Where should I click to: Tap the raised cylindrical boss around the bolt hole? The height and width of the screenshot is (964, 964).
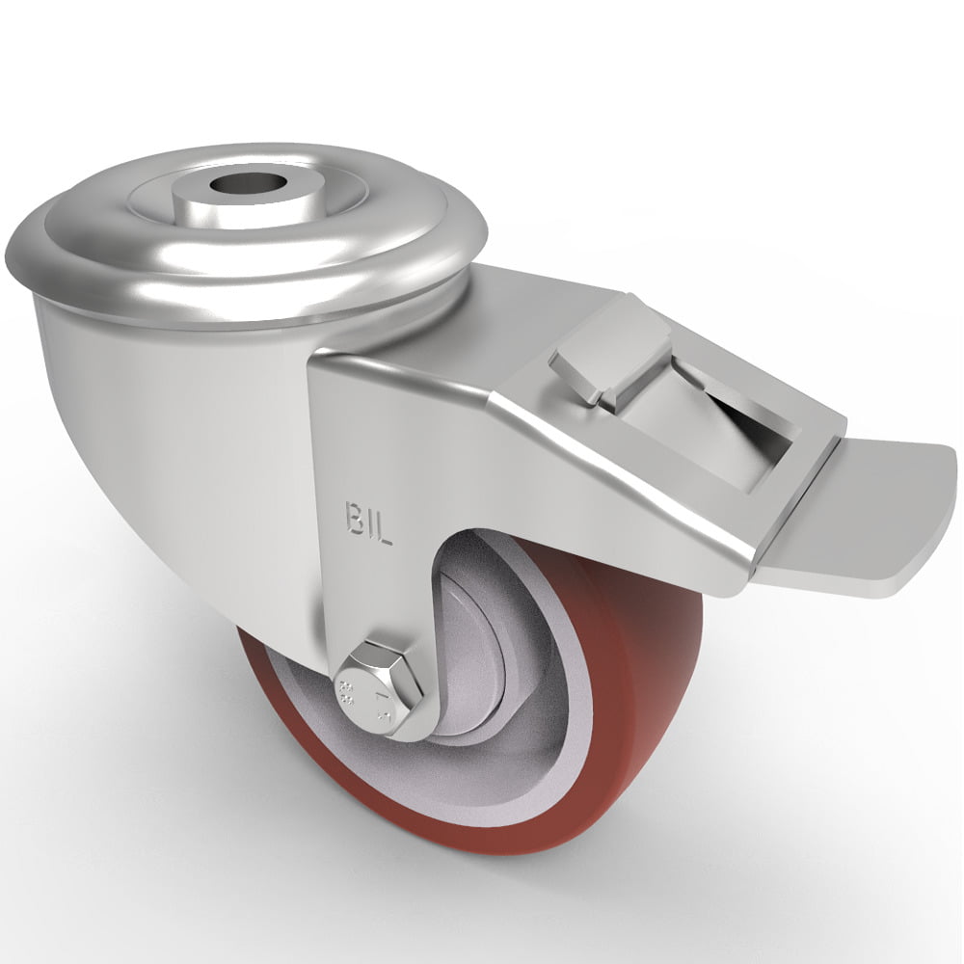245,202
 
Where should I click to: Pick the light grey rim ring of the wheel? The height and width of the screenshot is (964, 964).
540,771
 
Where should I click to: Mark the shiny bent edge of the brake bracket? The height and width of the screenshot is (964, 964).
617,482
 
